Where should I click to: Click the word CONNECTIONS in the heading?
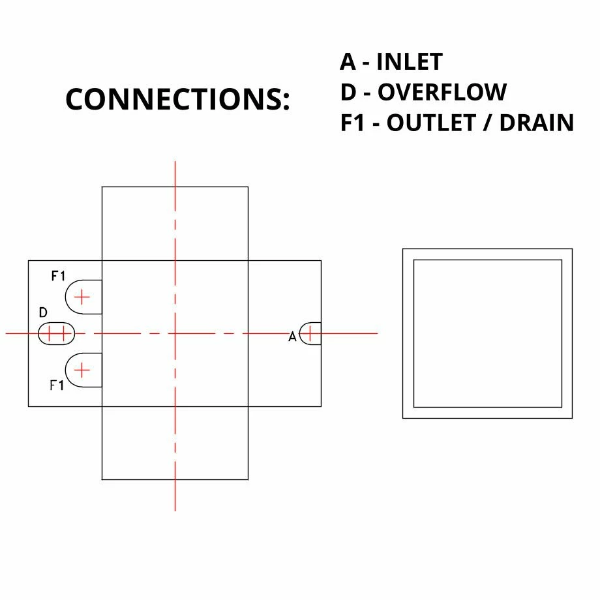tap(173, 99)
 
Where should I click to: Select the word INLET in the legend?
tap(409, 62)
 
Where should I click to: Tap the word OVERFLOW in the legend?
tap(442, 93)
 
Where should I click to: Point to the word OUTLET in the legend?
tap(429, 123)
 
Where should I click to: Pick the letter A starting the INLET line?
tap(348, 62)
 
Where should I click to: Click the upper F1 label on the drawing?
tap(58, 277)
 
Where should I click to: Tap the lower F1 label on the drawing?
tap(57, 385)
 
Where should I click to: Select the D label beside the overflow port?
tap(43, 313)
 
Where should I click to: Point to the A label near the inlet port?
tap(293, 337)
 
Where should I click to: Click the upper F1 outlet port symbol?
tap(83, 297)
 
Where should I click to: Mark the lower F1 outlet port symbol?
tap(83, 370)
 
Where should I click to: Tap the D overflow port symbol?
tap(57, 334)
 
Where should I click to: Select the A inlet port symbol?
tap(310, 333)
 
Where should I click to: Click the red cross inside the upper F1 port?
tap(82, 297)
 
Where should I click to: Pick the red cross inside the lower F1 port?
tap(82, 370)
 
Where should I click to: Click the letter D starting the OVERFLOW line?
tap(348, 93)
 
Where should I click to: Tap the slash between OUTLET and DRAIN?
tap(485, 123)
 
